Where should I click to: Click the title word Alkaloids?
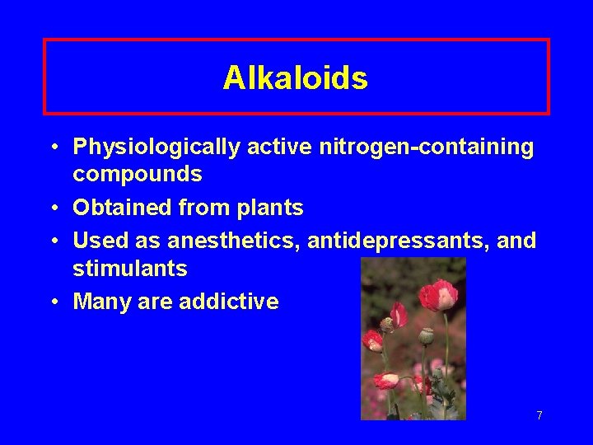[x=295, y=78]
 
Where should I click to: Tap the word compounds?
[x=138, y=175]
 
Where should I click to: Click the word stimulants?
[x=130, y=269]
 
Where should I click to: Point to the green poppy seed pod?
[x=427, y=336]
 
